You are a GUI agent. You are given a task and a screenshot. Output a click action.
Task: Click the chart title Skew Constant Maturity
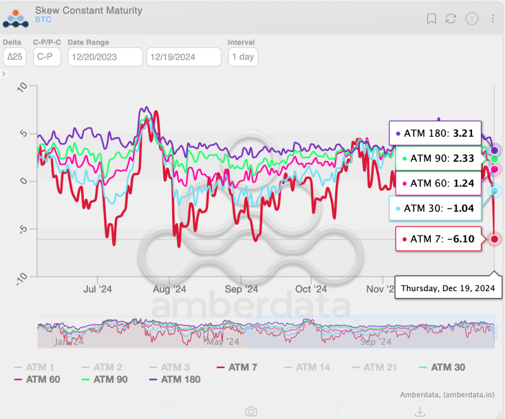(x=89, y=10)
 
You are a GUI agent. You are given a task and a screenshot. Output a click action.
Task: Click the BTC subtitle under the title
(x=43, y=20)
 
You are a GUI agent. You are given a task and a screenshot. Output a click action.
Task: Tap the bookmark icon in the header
(x=432, y=19)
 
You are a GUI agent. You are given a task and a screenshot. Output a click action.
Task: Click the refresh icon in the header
(x=451, y=19)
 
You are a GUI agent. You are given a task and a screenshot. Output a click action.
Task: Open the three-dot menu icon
(x=493, y=19)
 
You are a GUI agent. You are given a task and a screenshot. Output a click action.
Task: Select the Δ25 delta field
(x=14, y=57)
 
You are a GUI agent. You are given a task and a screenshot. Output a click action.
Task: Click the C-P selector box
(x=47, y=57)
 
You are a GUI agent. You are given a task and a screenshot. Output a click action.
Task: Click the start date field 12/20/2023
(x=105, y=57)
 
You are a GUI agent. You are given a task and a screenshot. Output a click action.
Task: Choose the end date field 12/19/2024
(x=183, y=57)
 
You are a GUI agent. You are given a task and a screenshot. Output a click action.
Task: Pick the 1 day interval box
(x=243, y=57)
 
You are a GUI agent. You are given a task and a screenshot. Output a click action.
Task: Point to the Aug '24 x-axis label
(x=170, y=289)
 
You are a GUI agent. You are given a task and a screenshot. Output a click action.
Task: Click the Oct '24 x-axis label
(x=311, y=289)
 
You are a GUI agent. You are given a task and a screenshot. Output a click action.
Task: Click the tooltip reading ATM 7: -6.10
(x=438, y=239)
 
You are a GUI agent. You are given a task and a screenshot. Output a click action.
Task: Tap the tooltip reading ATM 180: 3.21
(x=435, y=133)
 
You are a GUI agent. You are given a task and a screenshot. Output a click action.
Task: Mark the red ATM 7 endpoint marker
(x=494, y=239)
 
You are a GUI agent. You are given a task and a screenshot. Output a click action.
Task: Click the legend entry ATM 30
(x=442, y=367)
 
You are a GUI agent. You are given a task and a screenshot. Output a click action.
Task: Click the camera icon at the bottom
(x=251, y=411)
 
